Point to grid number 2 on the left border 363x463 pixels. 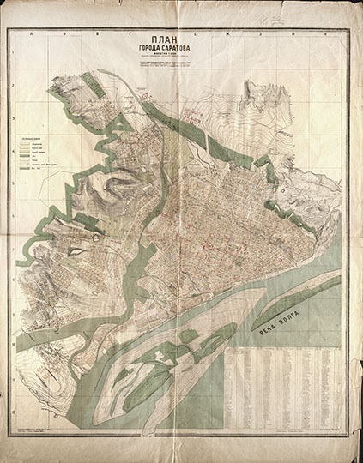[10, 112]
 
